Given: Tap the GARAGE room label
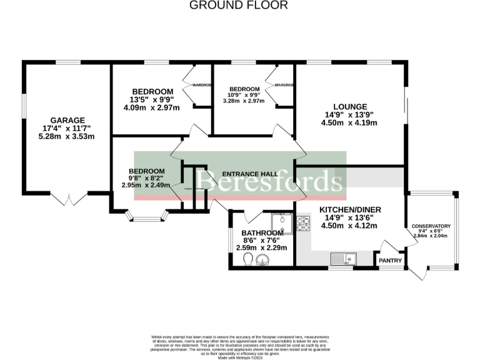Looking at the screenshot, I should [67, 121].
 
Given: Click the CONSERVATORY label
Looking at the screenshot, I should [431, 226].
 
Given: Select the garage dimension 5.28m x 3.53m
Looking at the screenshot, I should [67, 137].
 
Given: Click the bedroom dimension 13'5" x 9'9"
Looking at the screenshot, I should [152, 99].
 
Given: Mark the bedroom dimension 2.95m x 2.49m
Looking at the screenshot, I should [147, 186].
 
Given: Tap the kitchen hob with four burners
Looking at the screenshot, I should [303, 222].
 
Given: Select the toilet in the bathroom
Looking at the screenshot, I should [248, 259].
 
